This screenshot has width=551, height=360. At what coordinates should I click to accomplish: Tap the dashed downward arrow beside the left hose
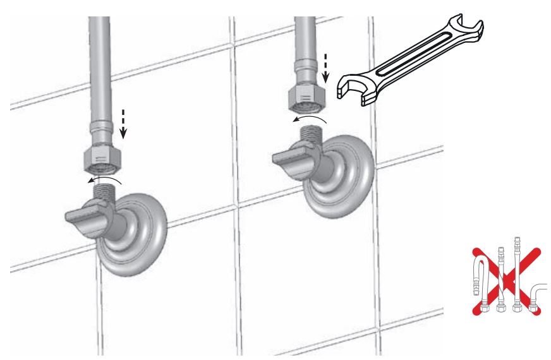[x=123, y=124]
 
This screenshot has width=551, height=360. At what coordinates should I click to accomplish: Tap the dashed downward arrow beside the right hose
[x=326, y=69]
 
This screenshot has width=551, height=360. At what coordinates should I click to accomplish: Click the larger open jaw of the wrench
[x=354, y=85]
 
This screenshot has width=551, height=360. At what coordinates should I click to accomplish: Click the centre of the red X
[x=506, y=278]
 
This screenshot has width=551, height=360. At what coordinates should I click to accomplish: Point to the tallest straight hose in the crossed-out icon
[x=519, y=272]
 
